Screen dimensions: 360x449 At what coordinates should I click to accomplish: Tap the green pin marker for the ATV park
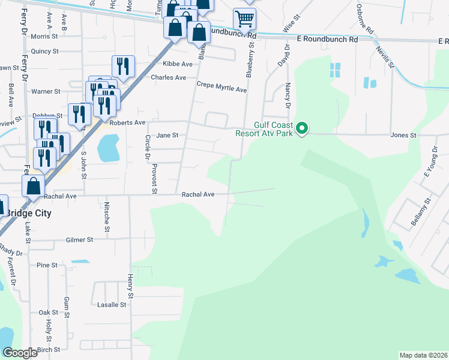click(303, 128)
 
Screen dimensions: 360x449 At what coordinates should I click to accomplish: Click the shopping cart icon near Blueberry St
click(245, 19)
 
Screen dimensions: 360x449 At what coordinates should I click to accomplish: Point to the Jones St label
click(403, 136)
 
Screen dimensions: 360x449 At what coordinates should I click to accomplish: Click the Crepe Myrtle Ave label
click(221, 89)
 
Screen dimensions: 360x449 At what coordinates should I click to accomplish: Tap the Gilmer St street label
click(81, 239)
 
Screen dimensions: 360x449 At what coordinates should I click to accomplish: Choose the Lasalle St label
click(112, 305)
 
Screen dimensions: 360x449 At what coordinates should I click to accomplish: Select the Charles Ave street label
click(169, 77)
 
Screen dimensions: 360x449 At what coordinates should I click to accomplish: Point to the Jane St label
click(167, 136)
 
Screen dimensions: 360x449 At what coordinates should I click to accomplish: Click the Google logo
click(20, 353)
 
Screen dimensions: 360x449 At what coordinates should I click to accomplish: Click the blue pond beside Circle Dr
click(108, 148)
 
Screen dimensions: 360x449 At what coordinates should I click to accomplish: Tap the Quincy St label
click(44, 52)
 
